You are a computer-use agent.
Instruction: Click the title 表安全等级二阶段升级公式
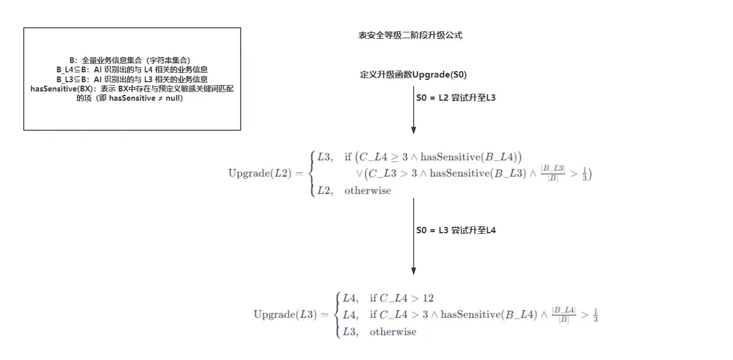click(x=410, y=35)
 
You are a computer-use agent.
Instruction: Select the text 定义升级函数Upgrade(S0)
click(x=413, y=75)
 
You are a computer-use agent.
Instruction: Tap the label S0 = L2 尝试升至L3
click(x=456, y=98)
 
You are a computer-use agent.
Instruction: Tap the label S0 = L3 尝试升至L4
click(x=456, y=230)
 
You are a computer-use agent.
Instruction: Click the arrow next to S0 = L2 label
click(x=414, y=111)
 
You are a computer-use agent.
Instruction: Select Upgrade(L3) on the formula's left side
click(x=285, y=315)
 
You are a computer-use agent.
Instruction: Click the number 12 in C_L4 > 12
click(x=428, y=299)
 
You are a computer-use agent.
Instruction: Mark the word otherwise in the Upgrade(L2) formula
click(x=367, y=190)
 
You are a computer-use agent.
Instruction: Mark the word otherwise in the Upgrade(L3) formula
click(x=393, y=332)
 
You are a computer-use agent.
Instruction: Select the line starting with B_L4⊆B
click(x=132, y=69)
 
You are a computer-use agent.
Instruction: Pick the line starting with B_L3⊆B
click(x=132, y=79)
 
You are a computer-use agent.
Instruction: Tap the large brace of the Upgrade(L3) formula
click(x=338, y=315)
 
